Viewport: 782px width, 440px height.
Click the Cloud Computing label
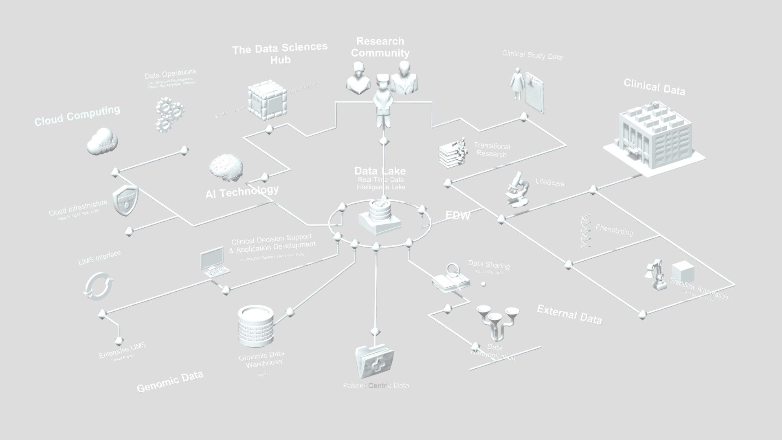pyautogui.click(x=77, y=116)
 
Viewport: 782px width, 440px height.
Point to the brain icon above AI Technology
pyautogui.click(x=226, y=167)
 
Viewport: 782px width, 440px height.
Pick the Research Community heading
pyautogui.click(x=380, y=47)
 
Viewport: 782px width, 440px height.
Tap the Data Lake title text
pyautogui.click(x=380, y=171)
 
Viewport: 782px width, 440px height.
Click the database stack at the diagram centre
pyautogui.click(x=380, y=217)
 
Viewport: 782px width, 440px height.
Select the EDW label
pyautogui.click(x=457, y=215)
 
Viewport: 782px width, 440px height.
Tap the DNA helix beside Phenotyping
pyautogui.click(x=586, y=231)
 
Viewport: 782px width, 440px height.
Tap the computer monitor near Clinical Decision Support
pyautogui.click(x=212, y=258)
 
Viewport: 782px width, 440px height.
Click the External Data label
pyautogui.click(x=569, y=314)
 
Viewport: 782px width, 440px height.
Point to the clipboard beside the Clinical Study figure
pyautogui.click(x=534, y=92)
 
